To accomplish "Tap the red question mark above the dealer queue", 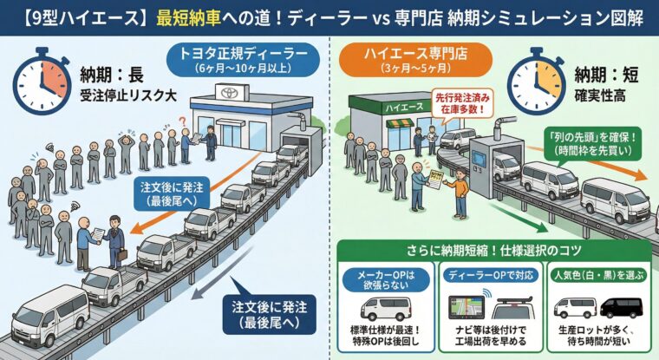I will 183,122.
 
